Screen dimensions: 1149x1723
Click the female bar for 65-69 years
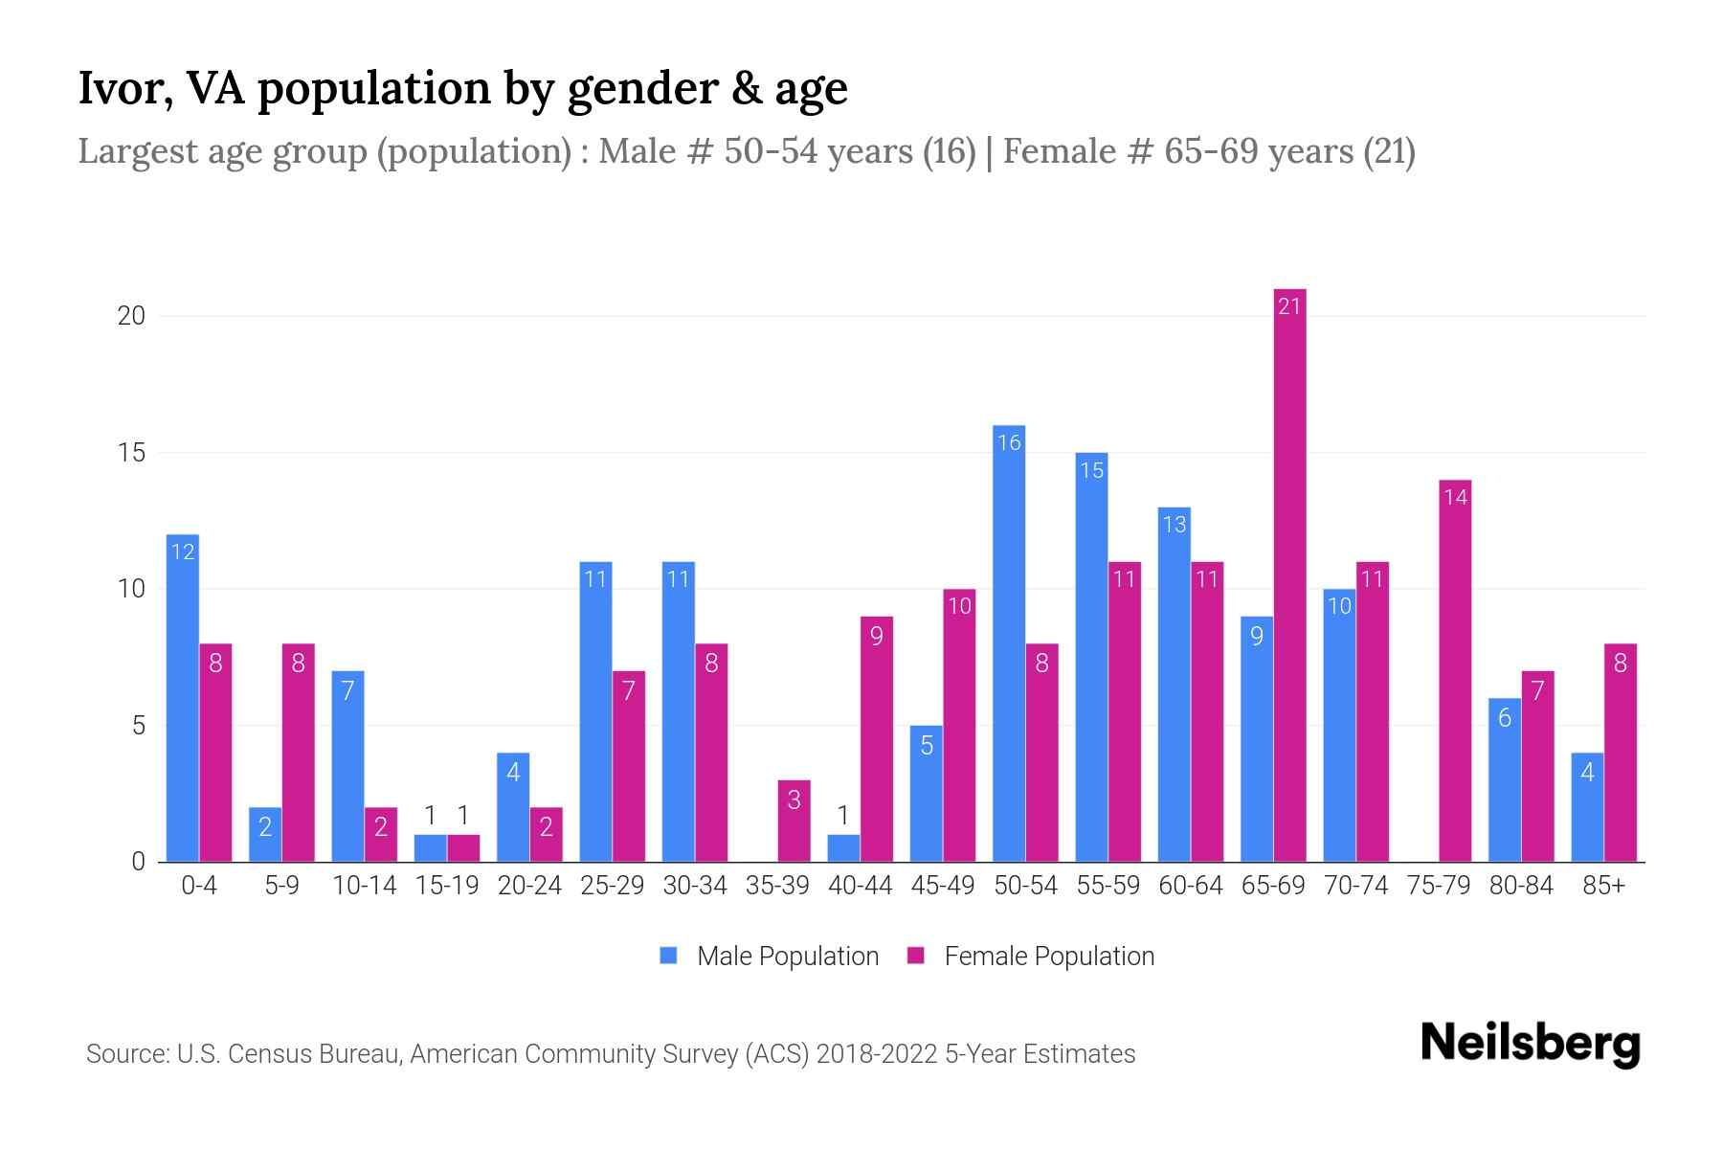click(x=1289, y=574)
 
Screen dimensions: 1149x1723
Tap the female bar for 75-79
click(x=1455, y=670)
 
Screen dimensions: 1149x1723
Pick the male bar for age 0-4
click(x=183, y=698)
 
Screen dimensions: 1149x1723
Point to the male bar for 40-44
click(x=843, y=848)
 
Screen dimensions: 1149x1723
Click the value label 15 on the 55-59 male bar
click(x=1091, y=470)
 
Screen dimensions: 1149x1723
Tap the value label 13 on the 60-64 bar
click(x=1174, y=525)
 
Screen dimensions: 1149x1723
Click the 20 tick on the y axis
click(x=131, y=316)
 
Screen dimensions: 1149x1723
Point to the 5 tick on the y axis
click(x=138, y=726)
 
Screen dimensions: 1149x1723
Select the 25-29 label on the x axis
click(x=612, y=886)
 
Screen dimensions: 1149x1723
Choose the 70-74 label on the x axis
click(x=1355, y=886)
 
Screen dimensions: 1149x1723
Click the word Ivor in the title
click(x=120, y=89)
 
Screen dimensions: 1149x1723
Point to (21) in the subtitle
click(x=1389, y=151)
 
